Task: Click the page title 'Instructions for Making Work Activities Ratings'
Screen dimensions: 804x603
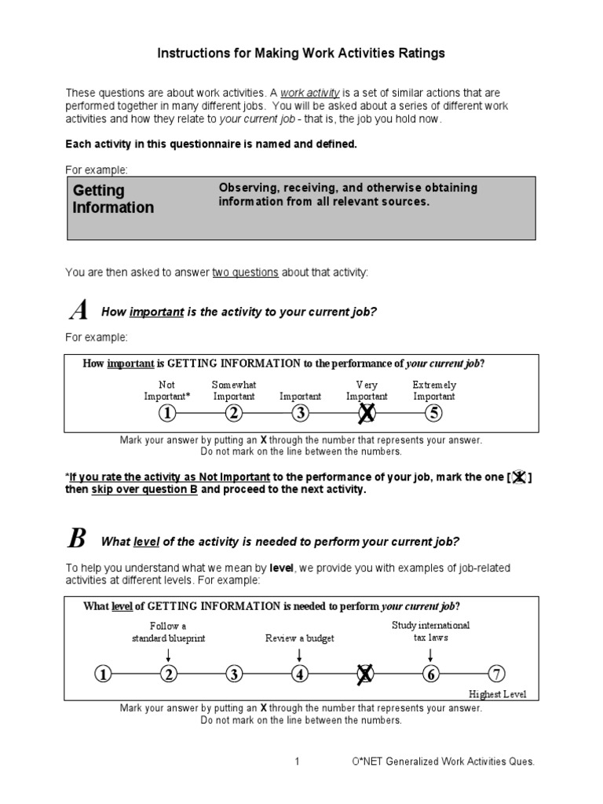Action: [301, 53]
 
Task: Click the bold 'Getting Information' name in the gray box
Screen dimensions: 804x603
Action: [113, 199]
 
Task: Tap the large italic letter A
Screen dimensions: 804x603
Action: [79, 311]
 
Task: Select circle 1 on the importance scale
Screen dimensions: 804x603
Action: [167, 413]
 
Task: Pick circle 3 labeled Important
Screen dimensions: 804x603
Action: [300, 413]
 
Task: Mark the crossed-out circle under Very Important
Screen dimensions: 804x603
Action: [366, 413]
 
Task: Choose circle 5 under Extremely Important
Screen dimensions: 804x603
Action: [433, 413]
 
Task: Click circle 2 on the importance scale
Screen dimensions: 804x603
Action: [234, 413]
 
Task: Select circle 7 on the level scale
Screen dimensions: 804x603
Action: [496, 674]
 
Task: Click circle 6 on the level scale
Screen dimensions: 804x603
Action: [430, 674]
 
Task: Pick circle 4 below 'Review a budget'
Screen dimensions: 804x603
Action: [299, 674]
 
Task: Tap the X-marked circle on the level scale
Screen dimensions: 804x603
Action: [365, 674]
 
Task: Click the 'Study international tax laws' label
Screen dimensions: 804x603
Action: [430, 632]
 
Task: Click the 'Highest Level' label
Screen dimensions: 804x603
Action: [498, 694]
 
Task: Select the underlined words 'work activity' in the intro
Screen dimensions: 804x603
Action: [310, 93]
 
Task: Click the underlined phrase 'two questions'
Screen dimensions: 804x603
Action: [245, 272]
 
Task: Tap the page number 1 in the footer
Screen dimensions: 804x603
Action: [298, 762]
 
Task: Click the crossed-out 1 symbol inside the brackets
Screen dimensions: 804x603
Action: [519, 477]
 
